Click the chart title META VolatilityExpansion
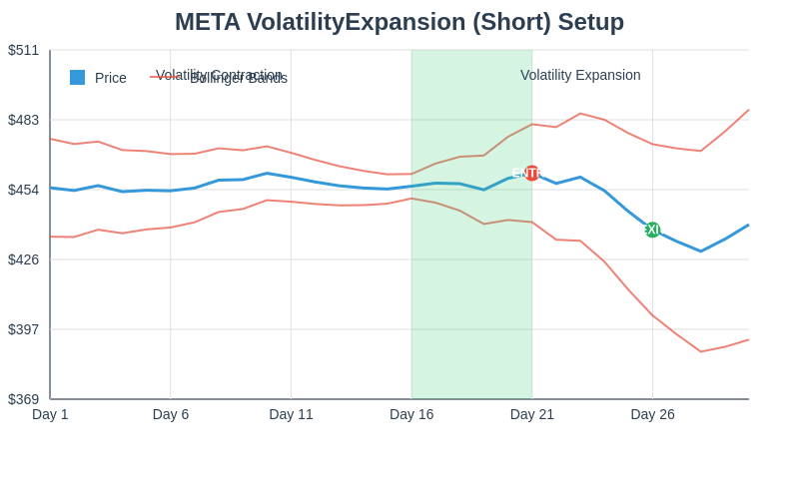click(399, 22)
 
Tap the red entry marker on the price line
click(531, 173)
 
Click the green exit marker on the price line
click(652, 230)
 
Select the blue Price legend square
click(77, 78)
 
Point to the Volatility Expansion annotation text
click(580, 75)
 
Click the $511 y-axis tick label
click(24, 50)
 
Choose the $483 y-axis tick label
click(24, 120)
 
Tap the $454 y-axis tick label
click(24, 190)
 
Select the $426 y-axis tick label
click(24, 259)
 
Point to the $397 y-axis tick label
click(24, 329)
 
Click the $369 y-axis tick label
click(24, 399)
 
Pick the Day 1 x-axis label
click(50, 414)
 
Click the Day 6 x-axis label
click(171, 414)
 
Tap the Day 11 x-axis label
click(291, 414)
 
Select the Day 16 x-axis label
click(411, 414)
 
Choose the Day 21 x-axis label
click(532, 414)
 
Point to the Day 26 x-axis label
click(652, 414)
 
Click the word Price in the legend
click(111, 78)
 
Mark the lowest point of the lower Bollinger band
click(701, 351)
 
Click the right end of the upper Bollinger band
click(748, 110)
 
